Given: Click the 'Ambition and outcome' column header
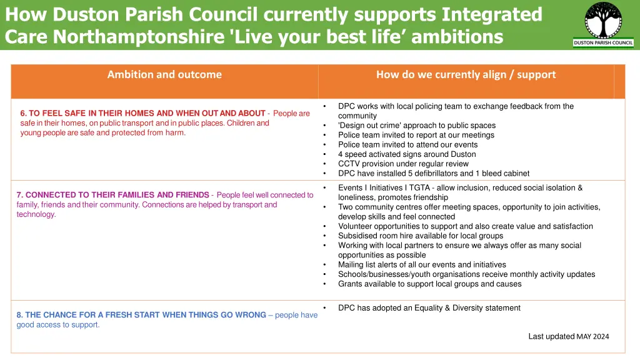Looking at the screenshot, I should [164, 74].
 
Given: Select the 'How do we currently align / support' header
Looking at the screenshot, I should [466, 74].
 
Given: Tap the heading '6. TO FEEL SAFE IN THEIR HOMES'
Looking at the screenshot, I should [142, 113].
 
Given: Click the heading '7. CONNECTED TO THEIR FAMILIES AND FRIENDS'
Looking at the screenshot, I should [112, 195].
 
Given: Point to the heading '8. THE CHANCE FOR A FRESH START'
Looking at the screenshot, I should [141, 315].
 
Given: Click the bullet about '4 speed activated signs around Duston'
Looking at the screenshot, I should [407, 154].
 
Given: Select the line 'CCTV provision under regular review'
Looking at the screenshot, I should [403, 164].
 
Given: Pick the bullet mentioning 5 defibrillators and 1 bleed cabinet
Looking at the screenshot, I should [433, 173].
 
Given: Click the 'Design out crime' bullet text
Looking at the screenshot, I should [416, 126].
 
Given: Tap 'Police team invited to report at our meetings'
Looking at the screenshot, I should [416, 135].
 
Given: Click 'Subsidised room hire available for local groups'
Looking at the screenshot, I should [421, 236].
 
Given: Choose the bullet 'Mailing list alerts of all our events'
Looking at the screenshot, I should [422, 264].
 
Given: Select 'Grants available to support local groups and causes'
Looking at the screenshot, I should [429, 284].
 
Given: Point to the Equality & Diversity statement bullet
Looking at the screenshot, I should [429, 307].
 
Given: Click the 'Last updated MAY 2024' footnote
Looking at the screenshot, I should [568, 336].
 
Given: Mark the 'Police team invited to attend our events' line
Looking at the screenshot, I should [408, 144].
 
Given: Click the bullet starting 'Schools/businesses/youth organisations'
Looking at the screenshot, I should [466, 274].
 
